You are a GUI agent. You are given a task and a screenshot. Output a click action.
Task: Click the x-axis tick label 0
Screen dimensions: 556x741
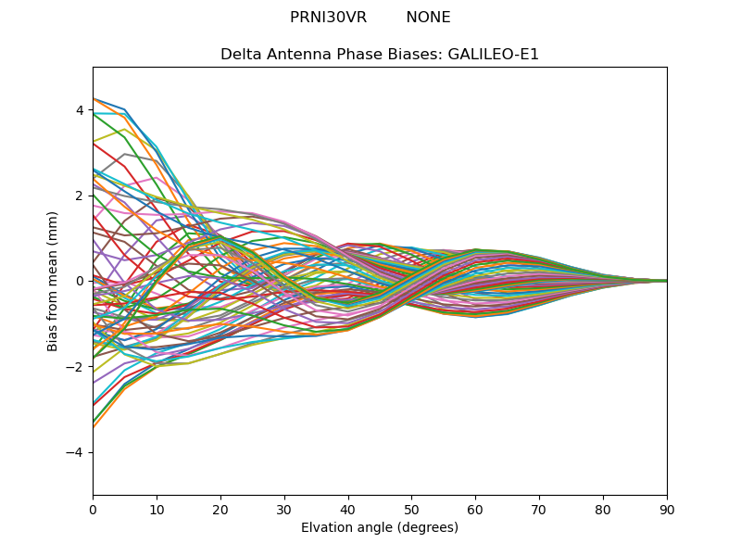coord(93,509)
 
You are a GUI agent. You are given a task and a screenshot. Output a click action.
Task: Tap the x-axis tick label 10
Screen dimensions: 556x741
coord(157,509)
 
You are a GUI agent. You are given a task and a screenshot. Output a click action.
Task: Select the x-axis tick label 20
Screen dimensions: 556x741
coord(220,509)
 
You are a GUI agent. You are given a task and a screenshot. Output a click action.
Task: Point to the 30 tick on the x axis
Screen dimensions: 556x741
coord(284,509)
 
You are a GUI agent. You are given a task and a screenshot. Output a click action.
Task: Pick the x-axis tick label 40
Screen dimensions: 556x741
coord(348,509)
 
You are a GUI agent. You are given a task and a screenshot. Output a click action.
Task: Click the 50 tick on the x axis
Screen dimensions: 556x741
coord(411,509)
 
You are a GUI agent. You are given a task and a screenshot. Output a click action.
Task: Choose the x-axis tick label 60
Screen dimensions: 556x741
coord(475,509)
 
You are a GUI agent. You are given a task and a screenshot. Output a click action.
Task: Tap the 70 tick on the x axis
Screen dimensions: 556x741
coord(539,509)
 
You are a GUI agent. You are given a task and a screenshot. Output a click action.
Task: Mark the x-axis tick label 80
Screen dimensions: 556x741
coord(603,509)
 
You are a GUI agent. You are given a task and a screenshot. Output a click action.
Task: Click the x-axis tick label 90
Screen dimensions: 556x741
coord(667,509)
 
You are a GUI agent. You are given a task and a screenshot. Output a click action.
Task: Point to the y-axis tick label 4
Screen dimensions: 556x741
coord(80,110)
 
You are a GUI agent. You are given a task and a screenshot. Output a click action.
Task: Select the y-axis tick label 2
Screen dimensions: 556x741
coord(80,196)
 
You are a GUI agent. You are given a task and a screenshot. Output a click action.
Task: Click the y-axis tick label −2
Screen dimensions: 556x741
coord(76,367)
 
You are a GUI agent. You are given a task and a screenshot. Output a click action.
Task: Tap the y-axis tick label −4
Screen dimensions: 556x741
coord(76,452)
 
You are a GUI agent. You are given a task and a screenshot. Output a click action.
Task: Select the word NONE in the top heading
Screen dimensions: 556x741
coord(428,18)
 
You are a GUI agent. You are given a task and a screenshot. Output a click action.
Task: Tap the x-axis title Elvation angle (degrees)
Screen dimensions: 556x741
coord(380,527)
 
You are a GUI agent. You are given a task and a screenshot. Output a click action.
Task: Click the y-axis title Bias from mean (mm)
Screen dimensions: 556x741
coord(54,281)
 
